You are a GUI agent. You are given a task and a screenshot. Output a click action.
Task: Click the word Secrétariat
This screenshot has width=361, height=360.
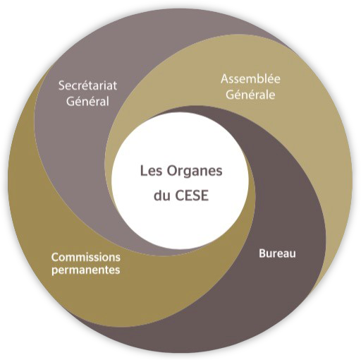(x=87, y=85)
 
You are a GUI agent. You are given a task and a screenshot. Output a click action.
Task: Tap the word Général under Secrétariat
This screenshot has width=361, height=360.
(x=87, y=101)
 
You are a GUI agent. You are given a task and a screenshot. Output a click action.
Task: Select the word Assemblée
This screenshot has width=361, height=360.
(x=250, y=78)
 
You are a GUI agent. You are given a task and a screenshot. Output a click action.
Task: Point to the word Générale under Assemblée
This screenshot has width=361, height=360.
(x=250, y=94)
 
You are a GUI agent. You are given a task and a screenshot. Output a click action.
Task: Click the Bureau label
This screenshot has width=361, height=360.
(x=277, y=253)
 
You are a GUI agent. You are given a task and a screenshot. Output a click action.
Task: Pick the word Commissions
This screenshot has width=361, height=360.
(x=86, y=257)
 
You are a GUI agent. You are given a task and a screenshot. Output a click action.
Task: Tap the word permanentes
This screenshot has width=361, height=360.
(x=86, y=270)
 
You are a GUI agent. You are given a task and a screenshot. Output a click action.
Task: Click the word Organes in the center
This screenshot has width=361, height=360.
(x=195, y=172)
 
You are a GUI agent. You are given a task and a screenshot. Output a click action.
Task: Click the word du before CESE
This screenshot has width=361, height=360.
(x=161, y=196)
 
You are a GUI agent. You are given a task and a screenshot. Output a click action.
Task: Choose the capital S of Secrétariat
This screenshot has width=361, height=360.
(x=61, y=85)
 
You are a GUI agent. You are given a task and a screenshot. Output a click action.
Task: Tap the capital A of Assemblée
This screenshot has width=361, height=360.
(x=225, y=79)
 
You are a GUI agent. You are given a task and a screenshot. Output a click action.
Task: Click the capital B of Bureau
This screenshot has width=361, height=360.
(x=262, y=253)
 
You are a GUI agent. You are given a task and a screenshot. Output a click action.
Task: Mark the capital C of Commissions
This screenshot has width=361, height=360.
(x=55, y=258)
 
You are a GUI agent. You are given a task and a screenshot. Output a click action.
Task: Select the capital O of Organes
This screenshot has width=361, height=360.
(x=172, y=171)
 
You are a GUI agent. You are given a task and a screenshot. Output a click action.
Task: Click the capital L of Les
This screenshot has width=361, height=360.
(x=144, y=171)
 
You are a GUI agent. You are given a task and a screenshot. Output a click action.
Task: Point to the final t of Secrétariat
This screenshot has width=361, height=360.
(x=115, y=86)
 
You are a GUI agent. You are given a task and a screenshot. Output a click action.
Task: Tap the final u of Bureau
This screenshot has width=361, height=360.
(x=293, y=255)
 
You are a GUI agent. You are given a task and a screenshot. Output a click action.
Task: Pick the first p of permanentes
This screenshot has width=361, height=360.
(x=54, y=271)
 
